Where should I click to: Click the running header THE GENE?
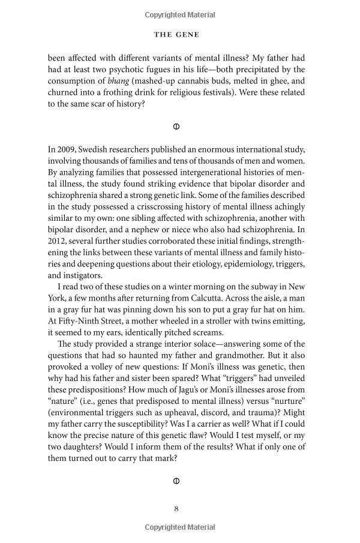(176, 35)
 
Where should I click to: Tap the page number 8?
(176, 509)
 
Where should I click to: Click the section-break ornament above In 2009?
(176, 127)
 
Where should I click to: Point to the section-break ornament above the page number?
(176, 481)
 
